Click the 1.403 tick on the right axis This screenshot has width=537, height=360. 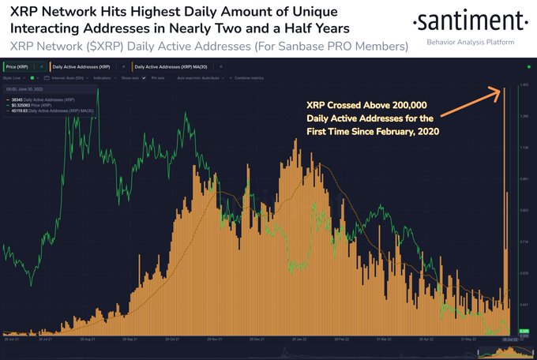point(523,84)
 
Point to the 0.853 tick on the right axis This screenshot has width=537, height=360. point(523,211)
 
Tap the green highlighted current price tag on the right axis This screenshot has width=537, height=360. point(524,331)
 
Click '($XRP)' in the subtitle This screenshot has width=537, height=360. point(102,47)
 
